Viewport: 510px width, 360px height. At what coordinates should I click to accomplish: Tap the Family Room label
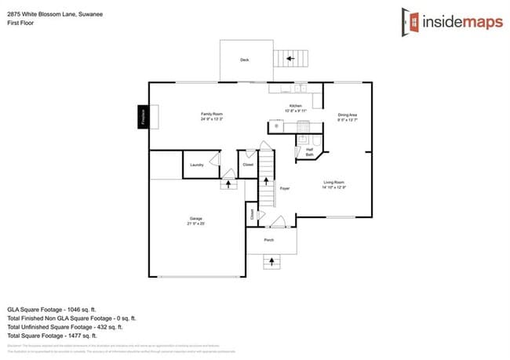(212, 115)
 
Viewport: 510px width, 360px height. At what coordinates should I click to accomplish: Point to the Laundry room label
(197, 165)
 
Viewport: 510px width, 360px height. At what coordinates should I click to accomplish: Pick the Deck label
(244, 60)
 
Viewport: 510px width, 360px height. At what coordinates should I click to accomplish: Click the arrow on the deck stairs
(289, 58)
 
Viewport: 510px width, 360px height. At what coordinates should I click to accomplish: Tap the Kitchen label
(295, 106)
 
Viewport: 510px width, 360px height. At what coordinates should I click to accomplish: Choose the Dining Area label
(348, 115)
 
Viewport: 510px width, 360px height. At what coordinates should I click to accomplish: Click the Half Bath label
(309, 150)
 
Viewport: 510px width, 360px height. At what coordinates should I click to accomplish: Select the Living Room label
(334, 182)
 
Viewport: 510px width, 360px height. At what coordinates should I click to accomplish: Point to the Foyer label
(285, 188)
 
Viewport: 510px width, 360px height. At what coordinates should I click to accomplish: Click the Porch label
(268, 240)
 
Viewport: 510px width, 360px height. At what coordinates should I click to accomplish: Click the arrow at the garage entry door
(229, 184)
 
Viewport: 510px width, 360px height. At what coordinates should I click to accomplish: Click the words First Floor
(20, 23)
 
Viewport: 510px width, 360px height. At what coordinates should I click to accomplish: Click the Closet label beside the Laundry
(248, 165)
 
